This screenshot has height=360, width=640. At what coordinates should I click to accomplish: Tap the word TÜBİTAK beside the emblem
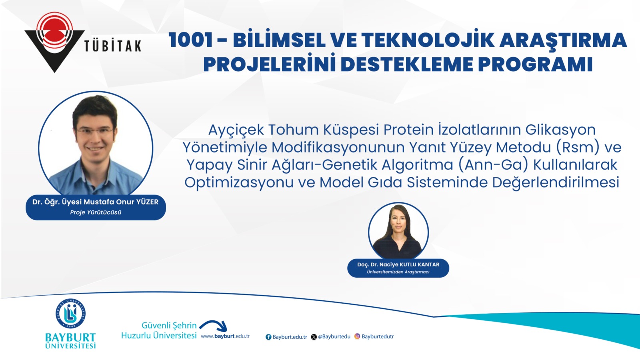113,46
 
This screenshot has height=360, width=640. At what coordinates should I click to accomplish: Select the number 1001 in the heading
190,40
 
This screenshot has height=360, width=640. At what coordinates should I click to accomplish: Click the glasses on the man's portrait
94,131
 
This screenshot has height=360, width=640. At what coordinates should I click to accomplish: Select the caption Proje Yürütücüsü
96,212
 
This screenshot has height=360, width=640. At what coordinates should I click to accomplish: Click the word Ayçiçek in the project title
236,130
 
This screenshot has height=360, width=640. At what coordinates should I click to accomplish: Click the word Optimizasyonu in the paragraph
239,183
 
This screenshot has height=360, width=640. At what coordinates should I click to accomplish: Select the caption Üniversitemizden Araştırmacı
398,272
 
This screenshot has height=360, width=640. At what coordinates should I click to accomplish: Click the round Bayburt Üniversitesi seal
70,314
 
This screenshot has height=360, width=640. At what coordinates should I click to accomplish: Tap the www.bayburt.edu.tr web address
225,336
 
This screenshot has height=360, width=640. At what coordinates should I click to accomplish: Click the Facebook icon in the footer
268,337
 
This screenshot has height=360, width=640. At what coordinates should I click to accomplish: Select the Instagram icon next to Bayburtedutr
357,336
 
